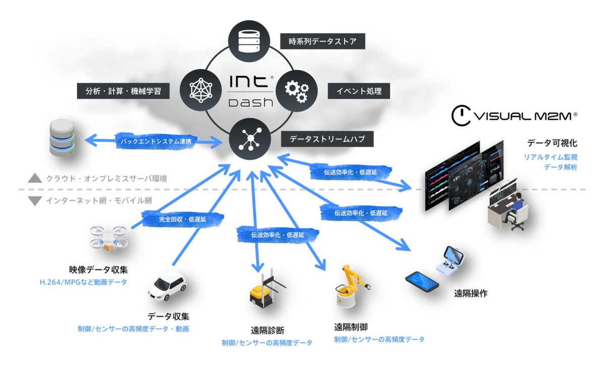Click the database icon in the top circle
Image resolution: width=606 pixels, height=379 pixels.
coord(249,41)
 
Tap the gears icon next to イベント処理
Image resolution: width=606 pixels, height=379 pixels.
coord(297,91)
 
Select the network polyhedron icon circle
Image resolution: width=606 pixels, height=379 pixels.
coord(201,90)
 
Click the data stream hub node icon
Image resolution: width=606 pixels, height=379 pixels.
coord(250,139)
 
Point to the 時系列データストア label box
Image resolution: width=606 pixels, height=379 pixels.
coord(323,41)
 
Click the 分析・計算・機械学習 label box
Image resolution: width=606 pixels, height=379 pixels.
coord(123,91)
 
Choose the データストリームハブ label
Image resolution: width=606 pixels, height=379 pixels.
coord(327,139)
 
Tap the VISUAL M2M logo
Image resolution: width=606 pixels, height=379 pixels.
coord(514,116)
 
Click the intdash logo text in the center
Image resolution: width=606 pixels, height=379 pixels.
coord(251,91)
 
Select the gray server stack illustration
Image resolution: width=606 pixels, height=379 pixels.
coord(62,138)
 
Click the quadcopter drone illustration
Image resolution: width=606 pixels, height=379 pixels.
coord(109,238)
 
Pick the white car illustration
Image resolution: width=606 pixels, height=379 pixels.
coord(168,287)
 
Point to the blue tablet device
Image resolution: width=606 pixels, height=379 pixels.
coord(422,281)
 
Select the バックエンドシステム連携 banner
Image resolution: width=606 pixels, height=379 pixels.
coord(156,141)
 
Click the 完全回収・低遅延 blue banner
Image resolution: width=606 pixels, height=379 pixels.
coord(183,219)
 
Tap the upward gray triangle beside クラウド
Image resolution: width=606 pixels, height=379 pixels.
coord(35,178)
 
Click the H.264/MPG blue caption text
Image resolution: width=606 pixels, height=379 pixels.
coord(83,282)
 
